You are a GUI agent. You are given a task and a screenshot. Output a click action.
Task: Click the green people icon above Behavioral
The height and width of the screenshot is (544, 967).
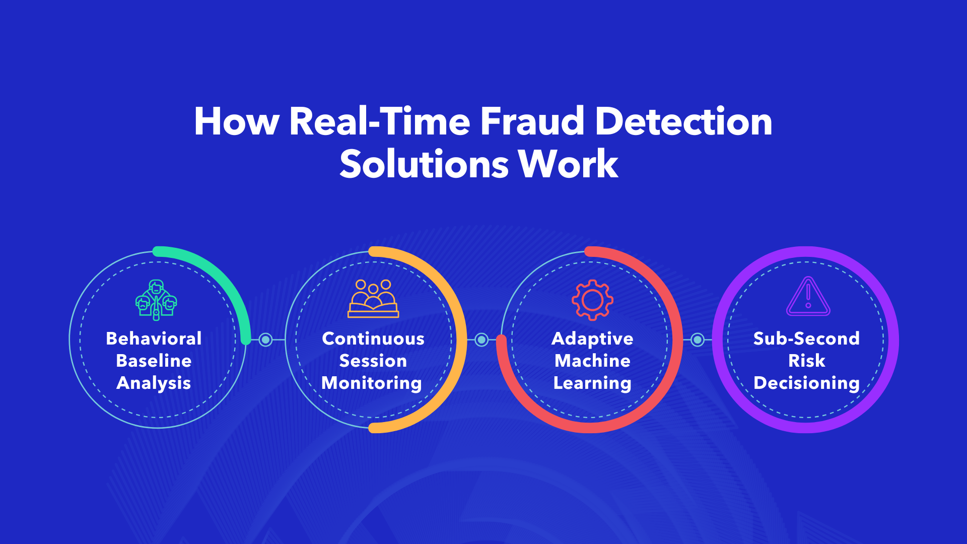click(x=156, y=300)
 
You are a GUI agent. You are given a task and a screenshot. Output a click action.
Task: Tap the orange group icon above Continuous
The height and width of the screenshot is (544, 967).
click(x=373, y=299)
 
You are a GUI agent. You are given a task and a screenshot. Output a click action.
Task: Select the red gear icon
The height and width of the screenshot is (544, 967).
click(x=592, y=300)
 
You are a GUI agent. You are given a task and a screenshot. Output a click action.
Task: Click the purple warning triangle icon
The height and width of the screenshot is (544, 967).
click(x=808, y=297)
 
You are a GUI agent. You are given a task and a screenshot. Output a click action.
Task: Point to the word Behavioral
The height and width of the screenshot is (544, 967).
click(x=154, y=338)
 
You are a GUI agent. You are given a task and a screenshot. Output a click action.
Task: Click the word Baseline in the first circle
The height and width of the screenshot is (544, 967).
click(x=154, y=361)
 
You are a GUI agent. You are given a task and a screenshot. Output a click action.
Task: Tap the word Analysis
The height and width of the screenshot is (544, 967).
click(x=154, y=383)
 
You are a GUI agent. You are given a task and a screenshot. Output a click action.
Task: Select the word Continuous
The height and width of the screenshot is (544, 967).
click(x=373, y=338)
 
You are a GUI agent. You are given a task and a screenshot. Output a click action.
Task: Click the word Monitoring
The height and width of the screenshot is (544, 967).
click(x=372, y=383)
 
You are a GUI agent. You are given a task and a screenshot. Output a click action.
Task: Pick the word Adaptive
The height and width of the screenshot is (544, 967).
click(x=592, y=338)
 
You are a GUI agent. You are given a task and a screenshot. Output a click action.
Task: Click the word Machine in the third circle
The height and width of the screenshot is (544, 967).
click(x=592, y=361)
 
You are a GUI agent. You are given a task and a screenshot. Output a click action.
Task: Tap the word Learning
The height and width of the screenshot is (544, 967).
click(x=592, y=383)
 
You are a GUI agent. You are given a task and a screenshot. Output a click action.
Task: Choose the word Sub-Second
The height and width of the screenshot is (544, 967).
click(x=806, y=338)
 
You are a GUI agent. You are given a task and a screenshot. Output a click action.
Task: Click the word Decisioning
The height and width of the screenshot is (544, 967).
click(x=806, y=383)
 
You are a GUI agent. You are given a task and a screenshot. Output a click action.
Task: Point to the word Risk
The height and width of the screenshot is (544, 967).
click(x=806, y=361)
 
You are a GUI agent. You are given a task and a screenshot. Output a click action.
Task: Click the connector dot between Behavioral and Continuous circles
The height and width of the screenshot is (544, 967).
click(x=265, y=340)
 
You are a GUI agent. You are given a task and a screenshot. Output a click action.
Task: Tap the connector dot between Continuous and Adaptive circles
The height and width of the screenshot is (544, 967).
click(x=481, y=340)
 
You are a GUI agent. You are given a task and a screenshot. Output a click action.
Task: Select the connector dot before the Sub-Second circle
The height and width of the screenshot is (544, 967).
click(x=698, y=340)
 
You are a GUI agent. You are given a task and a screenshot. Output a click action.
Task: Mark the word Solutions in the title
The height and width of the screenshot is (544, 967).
click(x=424, y=165)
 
